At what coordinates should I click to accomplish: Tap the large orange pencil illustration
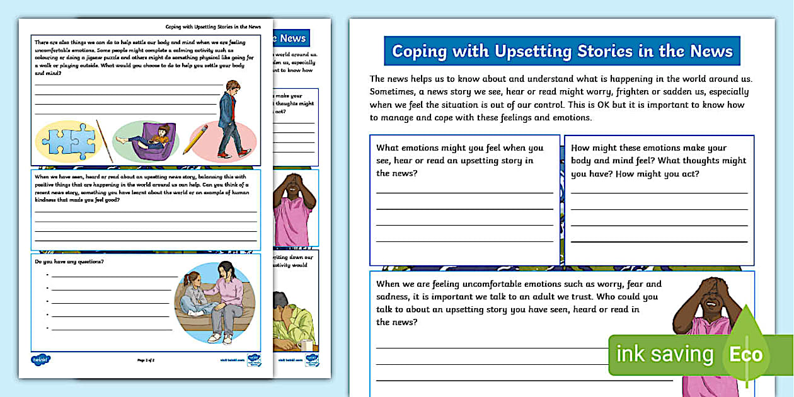click(x=195, y=139)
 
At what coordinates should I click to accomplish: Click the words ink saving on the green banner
click(x=664, y=354)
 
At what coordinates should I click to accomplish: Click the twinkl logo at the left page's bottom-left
click(x=41, y=360)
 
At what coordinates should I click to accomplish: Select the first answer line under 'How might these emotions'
click(x=659, y=193)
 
